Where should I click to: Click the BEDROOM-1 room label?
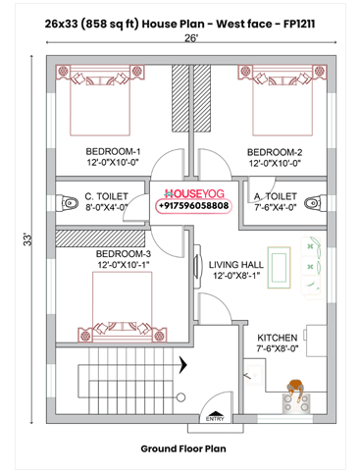[x=112, y=151]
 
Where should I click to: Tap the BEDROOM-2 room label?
[x=274, y=151]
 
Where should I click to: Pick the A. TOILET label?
[x=277, y=194]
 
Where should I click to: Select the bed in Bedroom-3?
[x=125, y=304]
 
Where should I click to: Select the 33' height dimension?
[x=30, y=238]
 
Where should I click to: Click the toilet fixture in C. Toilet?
[x=67, y=203]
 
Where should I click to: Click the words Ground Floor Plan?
[x=182, y=449]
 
